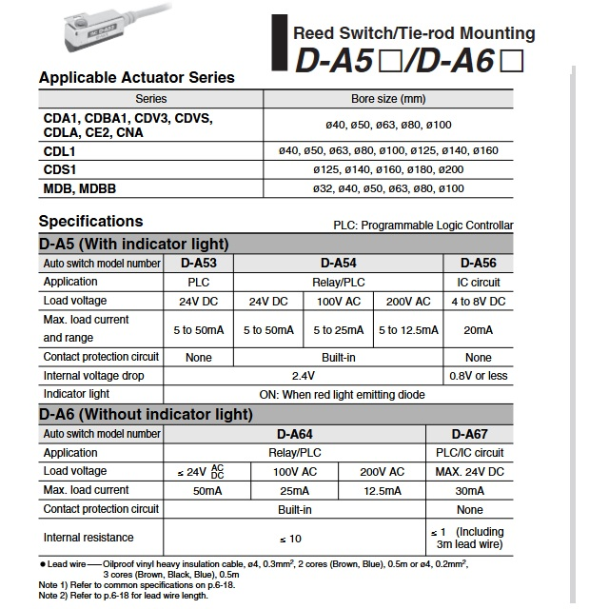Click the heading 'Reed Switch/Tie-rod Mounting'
[414, 33]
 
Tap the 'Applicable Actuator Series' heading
[136, 77]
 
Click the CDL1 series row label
[60, 150]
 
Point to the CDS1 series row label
[60, 169]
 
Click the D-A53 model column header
[199, 263]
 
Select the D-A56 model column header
[478, 263]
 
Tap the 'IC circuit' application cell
[478, 282]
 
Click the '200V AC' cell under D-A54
[408, 301]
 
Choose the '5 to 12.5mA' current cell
[408, 329]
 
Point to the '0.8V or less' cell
[478, 376]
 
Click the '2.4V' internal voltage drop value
[303, 376]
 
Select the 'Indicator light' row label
[77, 394]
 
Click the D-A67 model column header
[470, 434]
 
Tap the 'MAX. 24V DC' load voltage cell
[470, 472]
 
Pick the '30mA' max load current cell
[470, 491]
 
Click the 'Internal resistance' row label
[88, 538]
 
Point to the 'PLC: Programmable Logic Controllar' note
[423, 226]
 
